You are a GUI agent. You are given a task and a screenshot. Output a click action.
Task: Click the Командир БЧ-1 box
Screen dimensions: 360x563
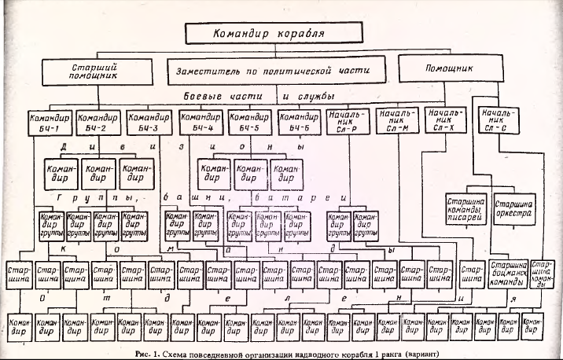(x=49, y=122)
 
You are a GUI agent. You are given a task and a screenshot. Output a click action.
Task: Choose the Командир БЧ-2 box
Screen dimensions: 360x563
(x=100, y=122)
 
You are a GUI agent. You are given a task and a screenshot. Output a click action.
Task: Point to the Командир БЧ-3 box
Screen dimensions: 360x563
(x=149, y=122)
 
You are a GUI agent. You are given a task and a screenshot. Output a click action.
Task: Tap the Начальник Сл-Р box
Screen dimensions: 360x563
(x=347, y=122)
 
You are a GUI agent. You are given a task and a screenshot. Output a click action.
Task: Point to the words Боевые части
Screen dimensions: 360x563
(x=214, y=96)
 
